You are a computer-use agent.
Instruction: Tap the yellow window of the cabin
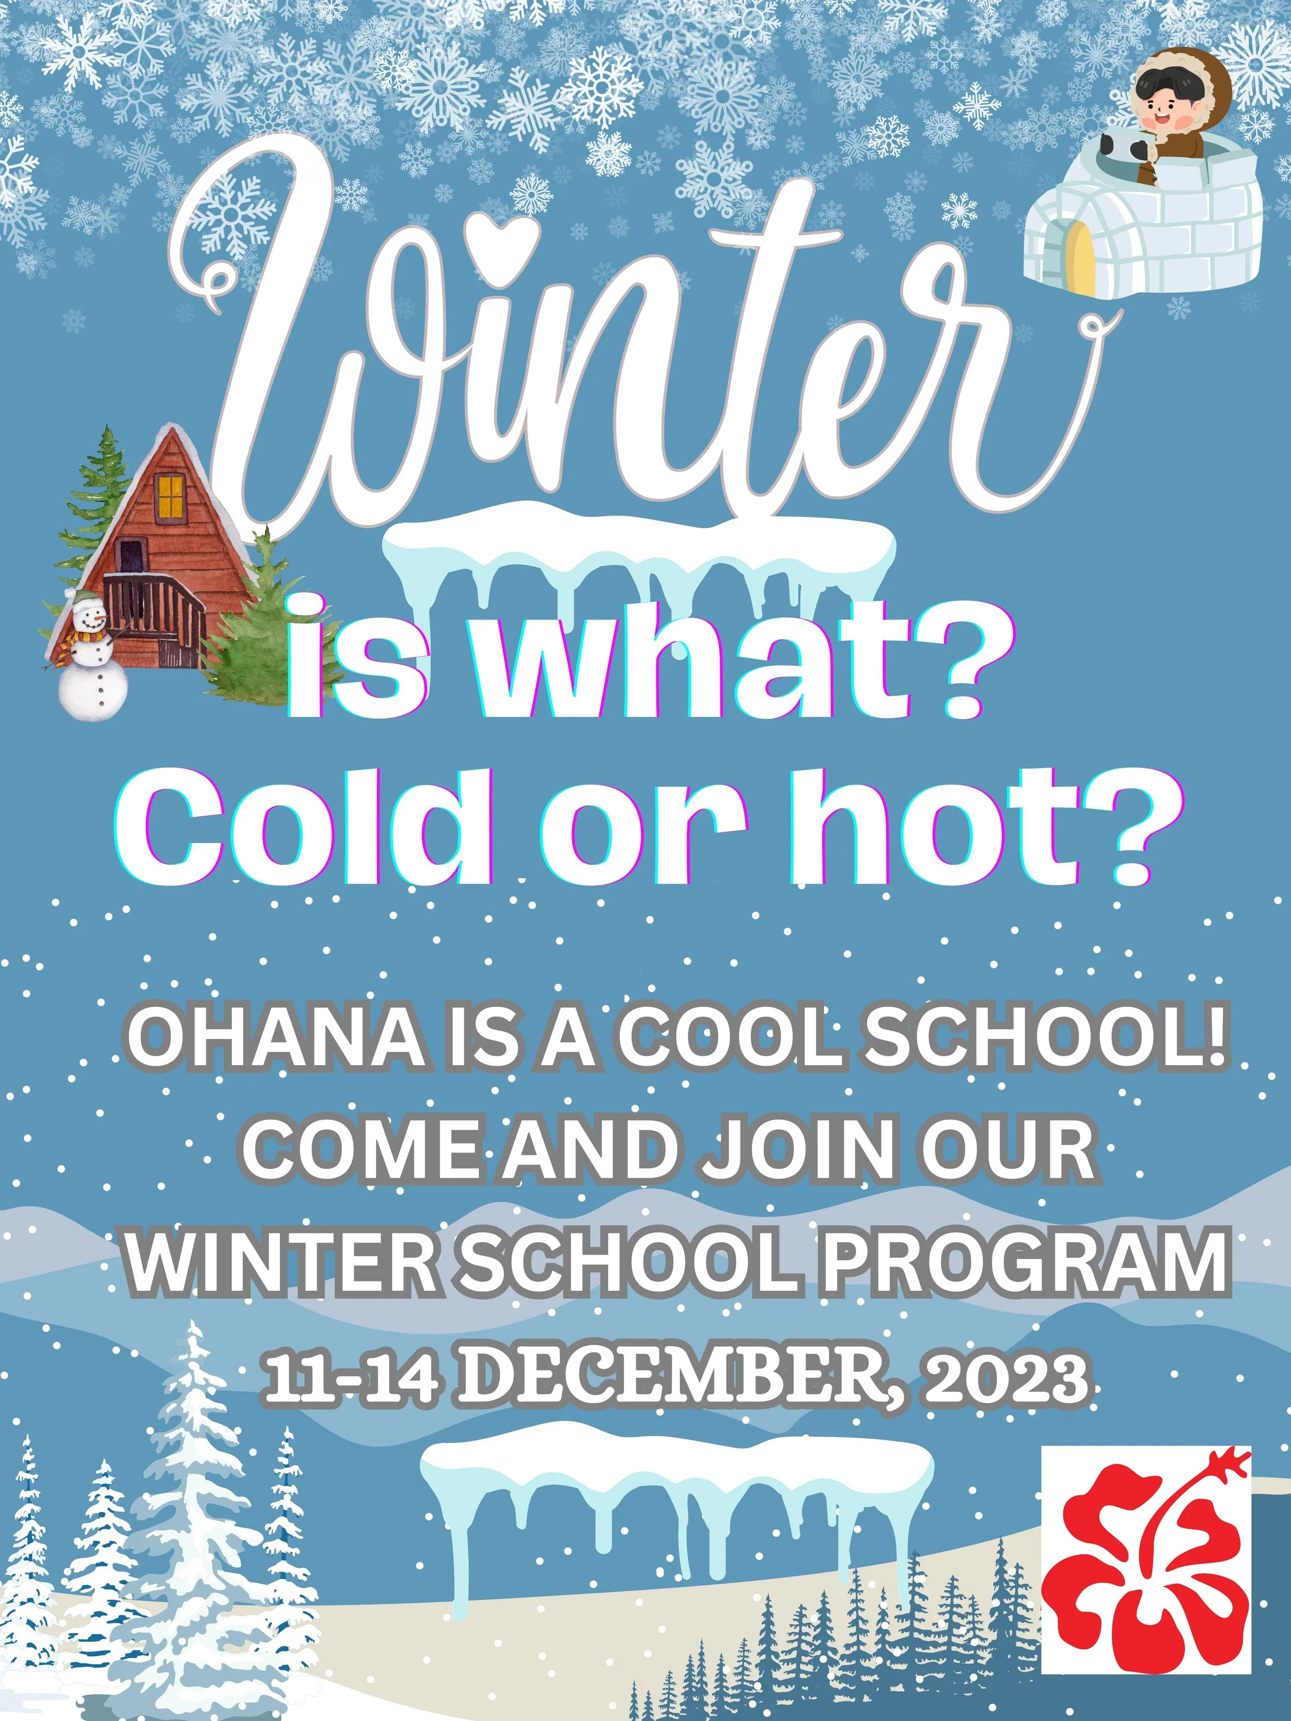(170, 497)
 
